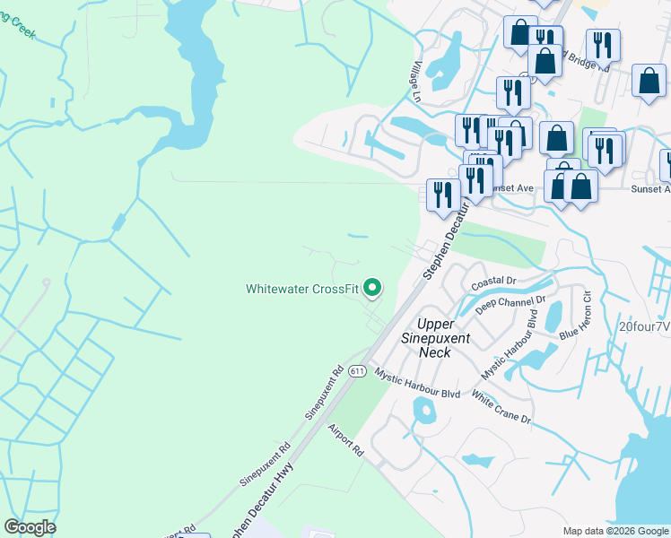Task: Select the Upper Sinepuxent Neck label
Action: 436,337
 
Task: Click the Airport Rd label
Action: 344,441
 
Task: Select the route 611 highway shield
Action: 357,371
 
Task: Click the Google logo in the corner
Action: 30,527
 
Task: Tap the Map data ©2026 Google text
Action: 615,531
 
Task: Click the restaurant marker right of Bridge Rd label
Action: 603,45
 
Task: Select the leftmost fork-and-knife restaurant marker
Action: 442,194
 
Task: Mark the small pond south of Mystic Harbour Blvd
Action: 423,412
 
